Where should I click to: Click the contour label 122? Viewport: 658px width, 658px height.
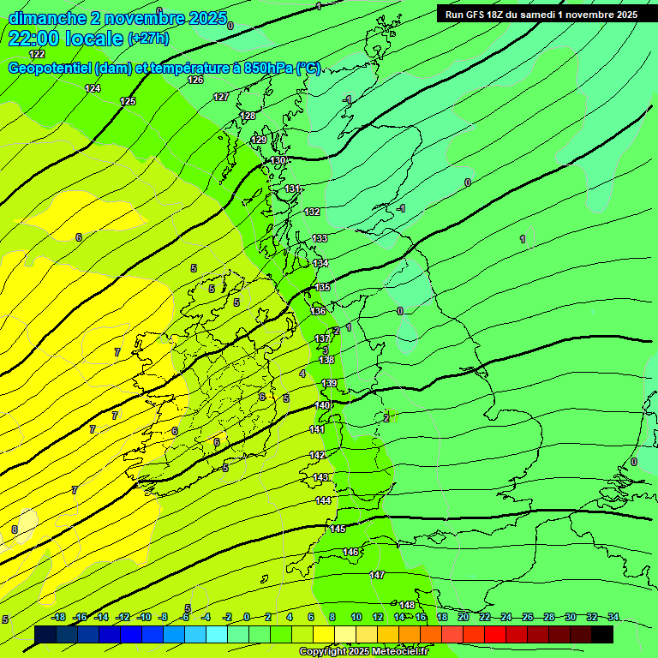pyautogui.click(x=37, y=54)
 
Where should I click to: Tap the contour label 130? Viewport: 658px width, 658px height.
pyautogui.click(x=278, y=160)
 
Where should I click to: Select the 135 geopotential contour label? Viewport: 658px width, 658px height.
pyautogui.click(x=322, y=287)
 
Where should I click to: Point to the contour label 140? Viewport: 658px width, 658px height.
pyautogui.click(x=322, y=405)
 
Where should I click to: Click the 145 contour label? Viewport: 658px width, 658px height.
pyautogui.click(x=338, y=529)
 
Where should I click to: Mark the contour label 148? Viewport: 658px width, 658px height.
pyautogui.click(x=407, y=605)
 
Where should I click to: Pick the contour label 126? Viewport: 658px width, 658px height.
pyautogui.click(x=195, y=80)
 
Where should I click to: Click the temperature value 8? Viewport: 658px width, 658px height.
pyautogui.click(x=14, y=529)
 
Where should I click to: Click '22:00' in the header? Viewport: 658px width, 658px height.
pyautogui.click(x=39, y=39)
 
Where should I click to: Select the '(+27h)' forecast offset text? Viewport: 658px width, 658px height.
pyautogui.click(x=148, y=39)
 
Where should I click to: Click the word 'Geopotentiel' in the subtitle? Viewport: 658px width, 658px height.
pyautogui.click(x=51, y=69)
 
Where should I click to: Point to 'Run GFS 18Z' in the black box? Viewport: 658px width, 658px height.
pyautogui.click(x=480, y=15)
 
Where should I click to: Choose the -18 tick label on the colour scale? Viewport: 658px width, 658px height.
pyautogui.click(x=58, y=617)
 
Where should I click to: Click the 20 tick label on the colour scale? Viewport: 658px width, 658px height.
pyautogui.click(x=464, y=617)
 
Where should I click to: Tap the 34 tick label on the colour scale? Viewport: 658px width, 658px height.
pyautogui.click(x=613, y=617)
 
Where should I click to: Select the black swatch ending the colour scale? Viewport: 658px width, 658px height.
pyautogui.click(x=601, y=634)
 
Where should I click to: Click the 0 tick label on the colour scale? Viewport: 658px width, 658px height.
pyautogui.click(x=247, y=617)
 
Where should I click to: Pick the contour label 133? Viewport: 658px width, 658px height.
pyautogui.click(x=320, y=238)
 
